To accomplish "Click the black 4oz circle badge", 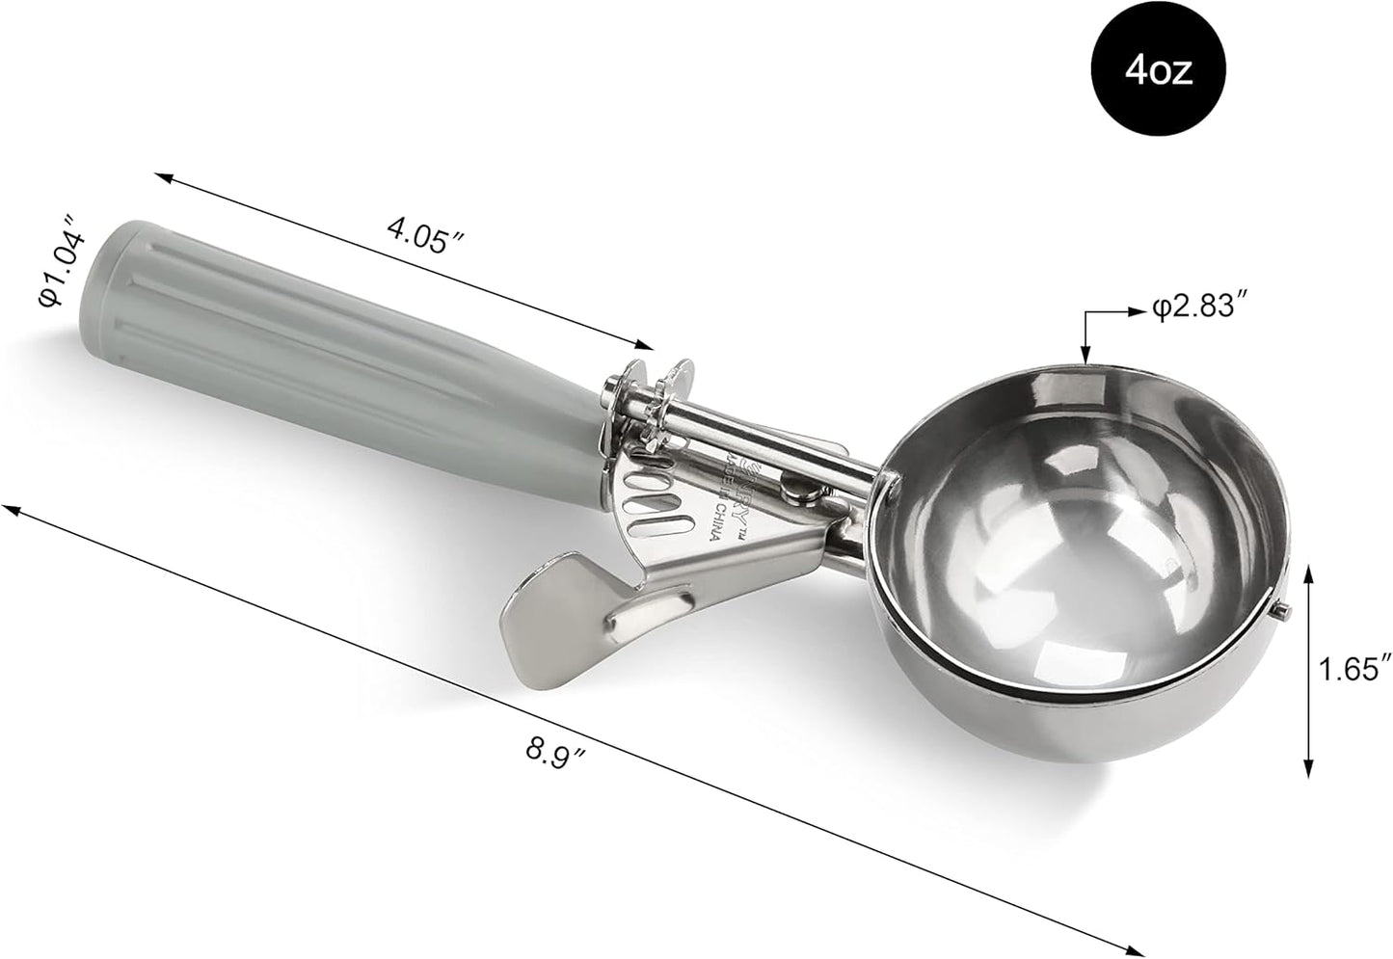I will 1158,71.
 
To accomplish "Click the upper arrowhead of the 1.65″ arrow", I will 1308,572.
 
